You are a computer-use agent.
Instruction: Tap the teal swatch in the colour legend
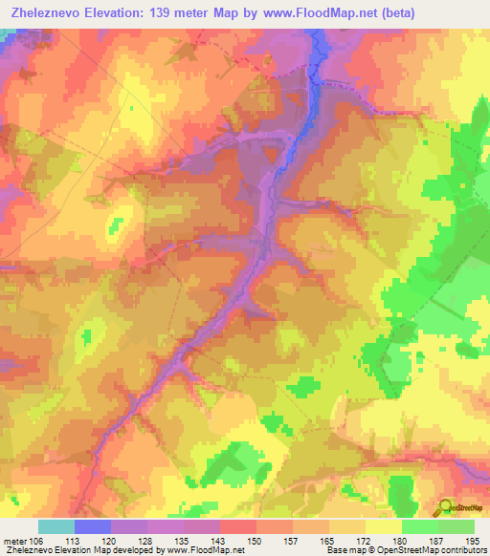pyautogui.click(x=56, y=526)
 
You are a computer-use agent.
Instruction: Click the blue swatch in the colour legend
pyautogui.click(x=93, y=526)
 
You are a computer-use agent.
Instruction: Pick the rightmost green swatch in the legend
pyautogui.click(x=457, y=526)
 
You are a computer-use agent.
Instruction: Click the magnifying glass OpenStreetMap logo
pyautogui.click(x=444, y=508)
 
